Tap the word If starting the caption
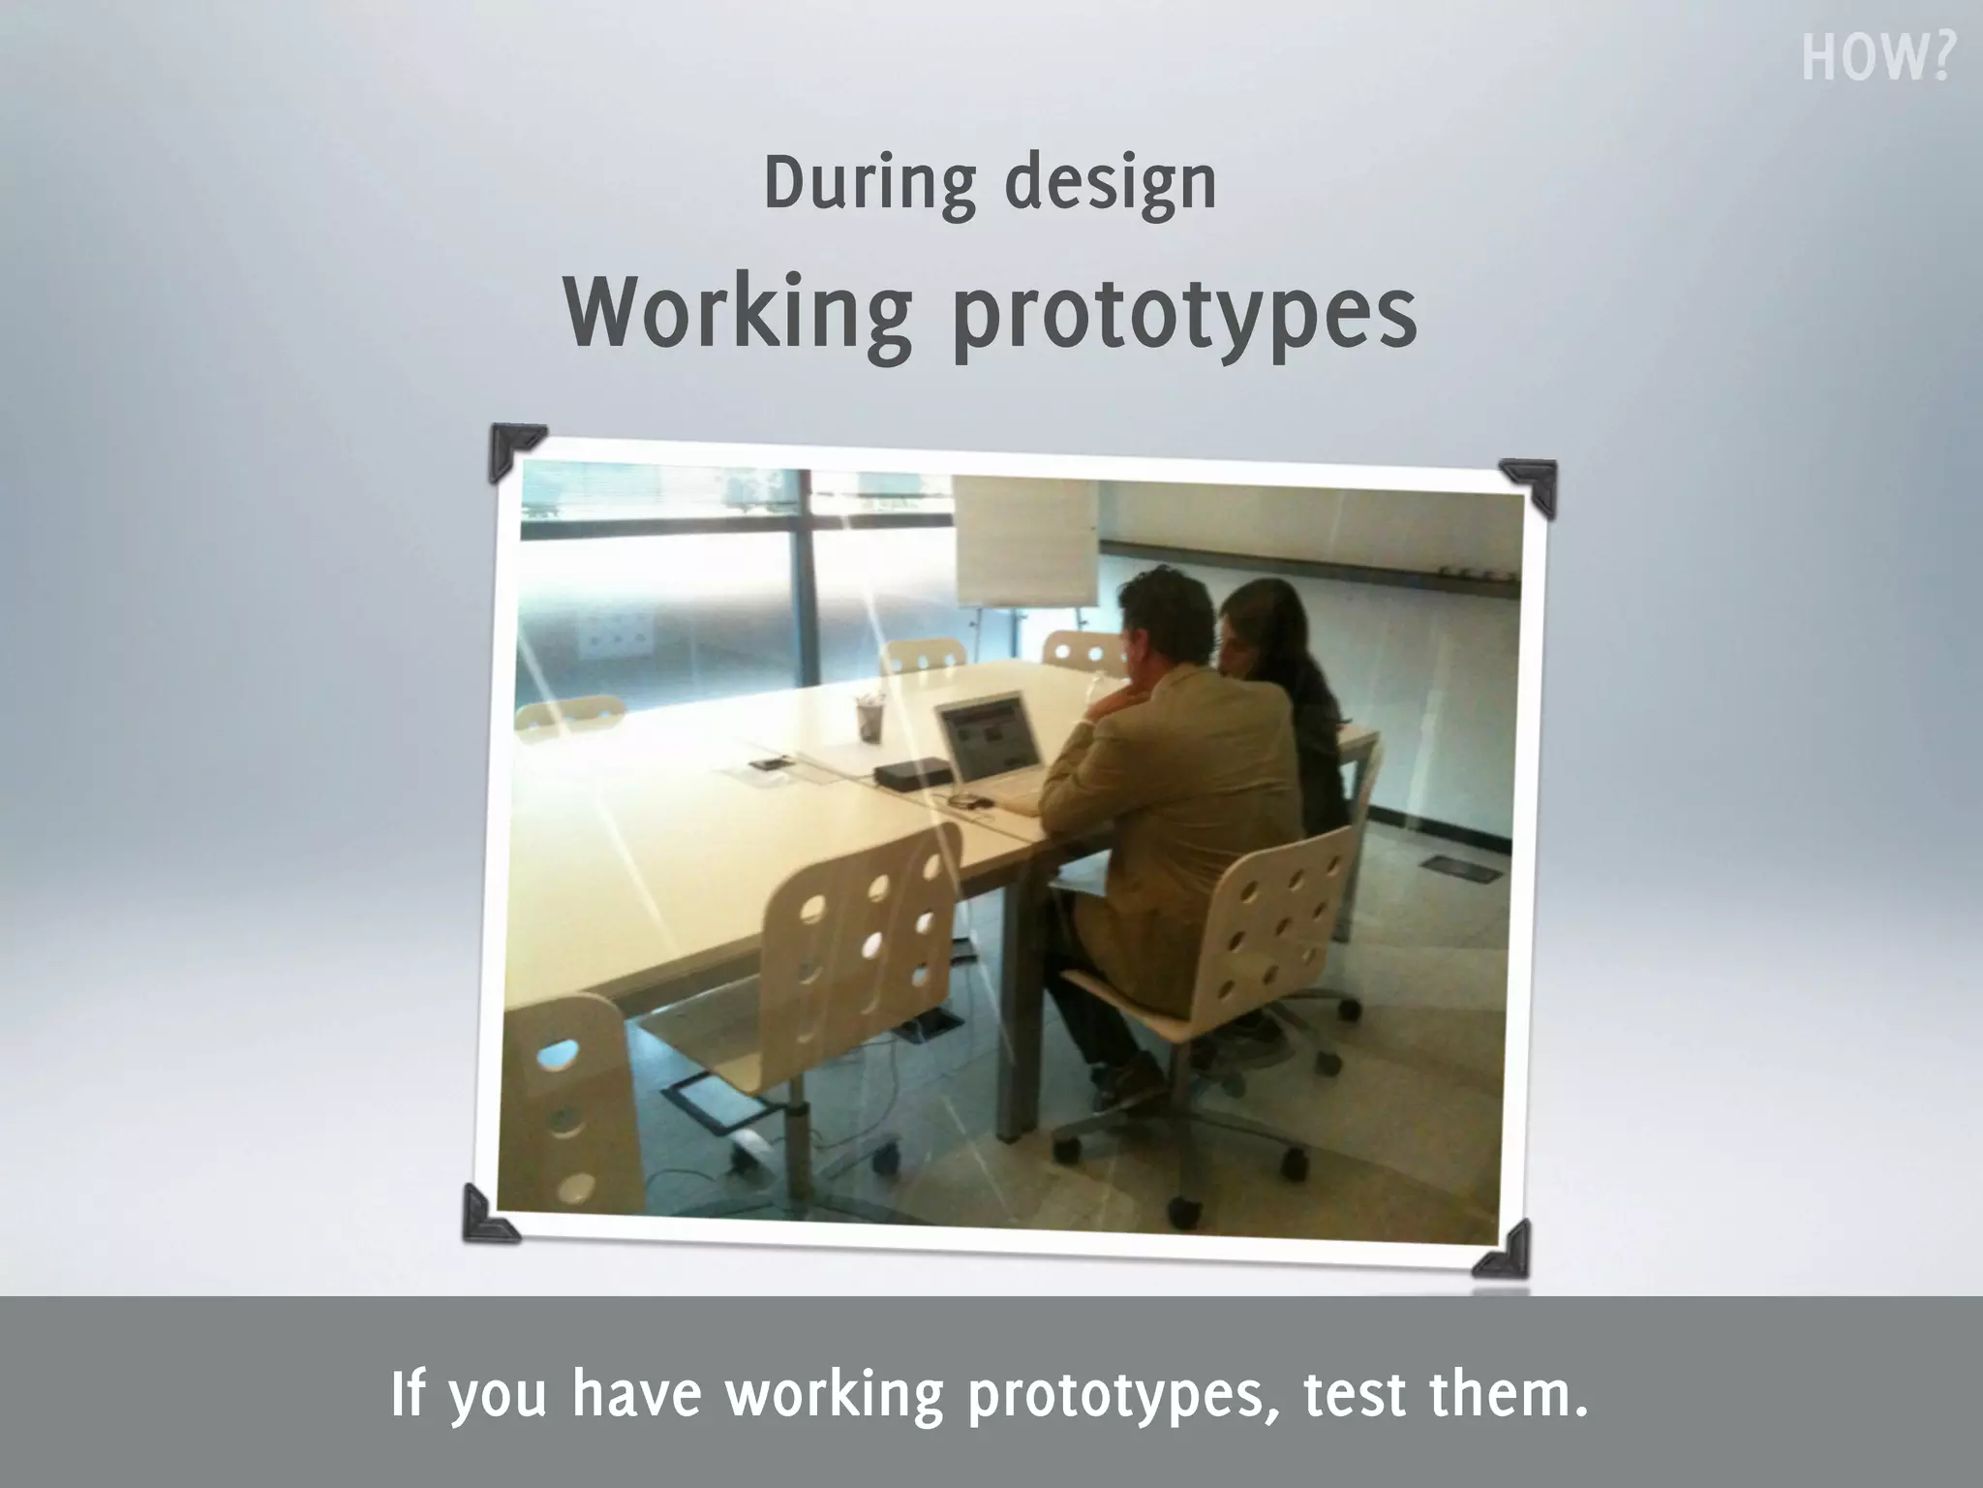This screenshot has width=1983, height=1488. point(408,1394)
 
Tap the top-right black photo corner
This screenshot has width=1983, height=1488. point(1531,483)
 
